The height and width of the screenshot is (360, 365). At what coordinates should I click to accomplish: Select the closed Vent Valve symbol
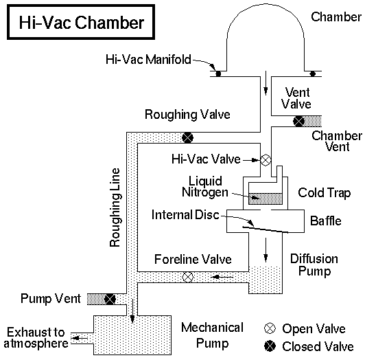pyautogui.click(x=298, y=122)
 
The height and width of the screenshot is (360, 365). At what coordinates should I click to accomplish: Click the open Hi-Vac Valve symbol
pyautogui.click(x=266, y=160)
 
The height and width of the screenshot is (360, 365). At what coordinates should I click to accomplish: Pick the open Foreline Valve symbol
pyautogui.click(x=189, y=278)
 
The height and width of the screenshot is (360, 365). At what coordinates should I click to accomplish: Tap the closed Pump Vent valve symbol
pyautogui.click(x=109, y=299)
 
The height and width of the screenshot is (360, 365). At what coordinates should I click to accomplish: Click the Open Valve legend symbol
pyautogui.click(x=270, y=328)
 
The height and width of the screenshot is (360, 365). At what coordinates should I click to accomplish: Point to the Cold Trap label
pyautogui.click(x=320, y=193)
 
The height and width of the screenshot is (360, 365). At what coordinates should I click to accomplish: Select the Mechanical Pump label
pyautogui.click(x=212, y=334)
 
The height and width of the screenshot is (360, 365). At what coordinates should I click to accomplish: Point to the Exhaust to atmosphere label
pyautogui.click(x=34, y=335)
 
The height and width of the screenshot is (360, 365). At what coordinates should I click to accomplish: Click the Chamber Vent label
pyautogui.click(x=335, y=141)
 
